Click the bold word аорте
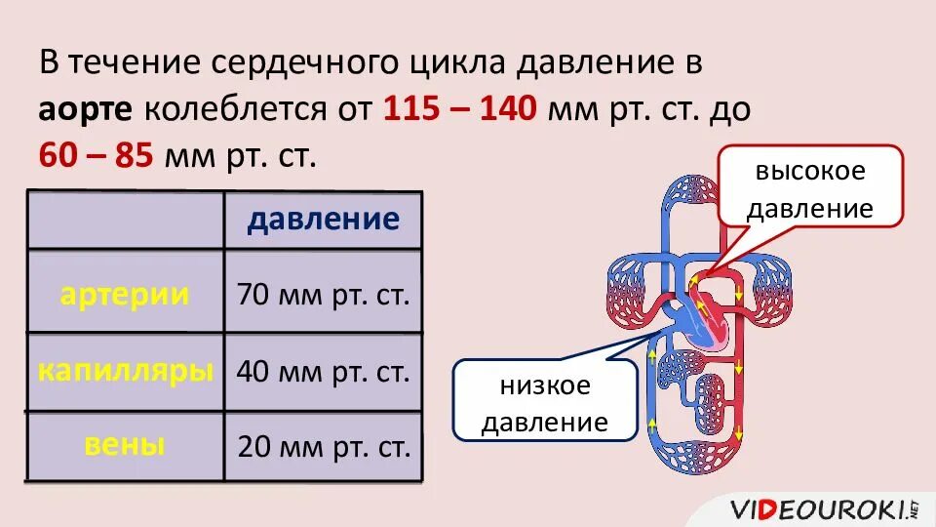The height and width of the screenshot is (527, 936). [86, 109]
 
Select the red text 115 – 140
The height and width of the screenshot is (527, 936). [459, 109]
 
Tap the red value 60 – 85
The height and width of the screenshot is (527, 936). [96, 155]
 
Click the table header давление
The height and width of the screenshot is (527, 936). [323, 219]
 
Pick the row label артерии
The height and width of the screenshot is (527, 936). [125, 295]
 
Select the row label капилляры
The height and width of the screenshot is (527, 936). [126, 371]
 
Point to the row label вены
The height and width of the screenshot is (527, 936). [125, 446]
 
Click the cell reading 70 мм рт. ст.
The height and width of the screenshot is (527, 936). [323, 295]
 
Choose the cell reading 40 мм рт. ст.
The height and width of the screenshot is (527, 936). [323, 372]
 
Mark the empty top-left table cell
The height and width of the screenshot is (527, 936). [126, 220]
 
